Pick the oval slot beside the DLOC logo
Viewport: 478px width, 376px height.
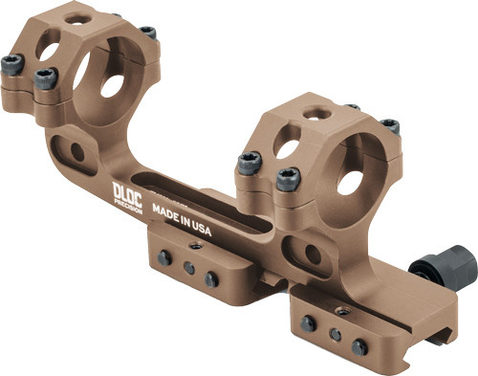point(69,148)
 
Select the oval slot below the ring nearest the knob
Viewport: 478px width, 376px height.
point(313,254)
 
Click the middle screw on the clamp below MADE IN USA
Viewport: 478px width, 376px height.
point(189,268)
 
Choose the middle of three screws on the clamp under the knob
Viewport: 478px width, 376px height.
point(334,335)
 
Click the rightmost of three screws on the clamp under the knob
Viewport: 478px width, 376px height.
point(359,347)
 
